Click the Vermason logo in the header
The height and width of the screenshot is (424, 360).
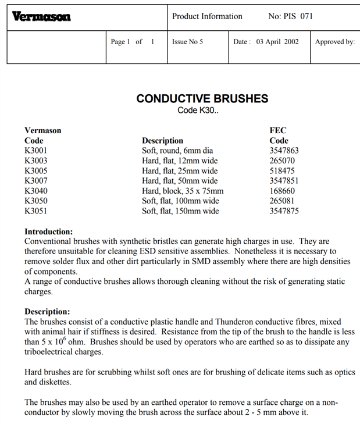[x=42, y=17]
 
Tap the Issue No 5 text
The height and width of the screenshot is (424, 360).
[x=187, y=42]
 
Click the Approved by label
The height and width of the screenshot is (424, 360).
[x=334, y=42]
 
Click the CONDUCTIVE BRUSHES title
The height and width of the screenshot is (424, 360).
[x=202, y=98]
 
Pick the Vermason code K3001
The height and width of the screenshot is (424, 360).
[x=36, y=151]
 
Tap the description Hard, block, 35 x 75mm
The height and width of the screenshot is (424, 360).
[x=183, y=191]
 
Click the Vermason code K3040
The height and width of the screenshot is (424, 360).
[x=36, y=191]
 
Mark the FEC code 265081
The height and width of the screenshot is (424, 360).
[x=282, y=201]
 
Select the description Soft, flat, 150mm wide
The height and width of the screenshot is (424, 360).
[x=180, y=211]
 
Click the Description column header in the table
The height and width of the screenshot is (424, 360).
[x=162, y=140]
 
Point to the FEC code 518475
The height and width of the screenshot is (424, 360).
[x=282, y=170]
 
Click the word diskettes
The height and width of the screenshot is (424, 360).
[x=54, y=382]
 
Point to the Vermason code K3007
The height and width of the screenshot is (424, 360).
[x=36, y=181]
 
